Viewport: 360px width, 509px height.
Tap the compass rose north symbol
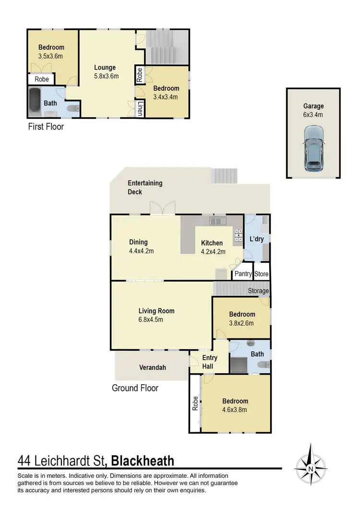click(311, 465)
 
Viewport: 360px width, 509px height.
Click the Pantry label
click(243, 274)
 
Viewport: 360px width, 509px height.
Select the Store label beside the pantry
click(262, 274)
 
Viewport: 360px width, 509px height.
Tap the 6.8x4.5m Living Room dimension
click(156, 320)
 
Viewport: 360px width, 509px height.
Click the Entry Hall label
click(210, 362)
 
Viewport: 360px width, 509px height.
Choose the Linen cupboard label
click(140, 108)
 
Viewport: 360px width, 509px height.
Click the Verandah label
click(153, 367)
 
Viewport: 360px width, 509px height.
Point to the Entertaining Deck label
click(145, 188)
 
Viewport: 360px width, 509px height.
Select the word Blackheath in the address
click(143, 461)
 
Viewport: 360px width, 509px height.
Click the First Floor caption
click(46, 127)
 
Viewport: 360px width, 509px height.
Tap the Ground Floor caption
click(135, 388)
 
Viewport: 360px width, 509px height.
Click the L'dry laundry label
click(257, 239)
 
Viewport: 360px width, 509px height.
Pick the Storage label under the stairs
click(258, 291)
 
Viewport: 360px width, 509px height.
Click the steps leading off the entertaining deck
click(224, 176)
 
